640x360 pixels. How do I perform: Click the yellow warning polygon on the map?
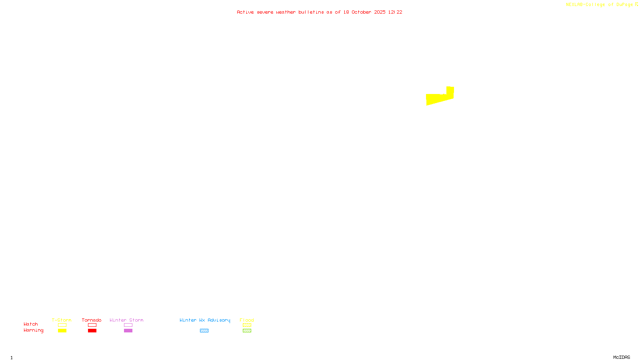[438, 98]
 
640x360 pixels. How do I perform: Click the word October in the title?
[361, 12]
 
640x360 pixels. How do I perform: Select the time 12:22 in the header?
[395, 12]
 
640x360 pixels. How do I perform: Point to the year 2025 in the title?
[380, 12]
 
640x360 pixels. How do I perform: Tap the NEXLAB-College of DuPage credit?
[600, 4]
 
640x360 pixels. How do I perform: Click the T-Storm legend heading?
[62, 320]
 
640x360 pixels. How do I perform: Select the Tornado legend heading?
[92, 320]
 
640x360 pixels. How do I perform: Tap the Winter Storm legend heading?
[126, 320]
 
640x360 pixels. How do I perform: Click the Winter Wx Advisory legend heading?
[205, 320]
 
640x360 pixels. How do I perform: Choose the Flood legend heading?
[247, 320]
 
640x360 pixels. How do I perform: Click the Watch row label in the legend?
[31, 324]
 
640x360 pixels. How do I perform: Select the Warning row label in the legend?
[33, 330]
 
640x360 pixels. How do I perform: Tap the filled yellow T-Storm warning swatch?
[62, 331]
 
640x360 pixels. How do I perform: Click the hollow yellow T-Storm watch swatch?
[62, 325]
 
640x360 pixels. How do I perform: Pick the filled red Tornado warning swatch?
[92, 331]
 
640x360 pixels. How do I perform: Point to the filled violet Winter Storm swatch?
[128, 331]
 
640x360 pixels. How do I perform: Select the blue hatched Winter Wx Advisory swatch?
[204, 331]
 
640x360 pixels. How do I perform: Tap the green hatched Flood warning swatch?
[247, 331]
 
